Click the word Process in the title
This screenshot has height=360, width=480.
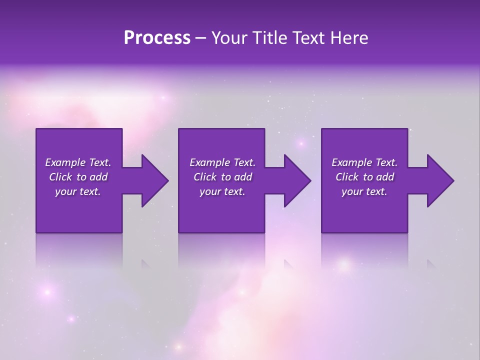coord(157,38)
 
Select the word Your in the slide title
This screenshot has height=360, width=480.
coord(228,38)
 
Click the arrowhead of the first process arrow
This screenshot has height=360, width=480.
coord(155,180)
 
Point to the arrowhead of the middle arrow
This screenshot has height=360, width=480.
coord(297,180)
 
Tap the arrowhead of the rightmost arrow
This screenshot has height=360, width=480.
coord(440,180)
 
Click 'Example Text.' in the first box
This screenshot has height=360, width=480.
coord(78,162)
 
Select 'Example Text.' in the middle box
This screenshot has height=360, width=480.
coord(222,162)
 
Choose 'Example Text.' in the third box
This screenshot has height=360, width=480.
coord(364,162)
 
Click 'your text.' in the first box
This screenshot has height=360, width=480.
coord(78,191)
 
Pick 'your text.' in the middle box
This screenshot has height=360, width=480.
coord(222,191)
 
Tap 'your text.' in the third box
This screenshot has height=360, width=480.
coord(364,191)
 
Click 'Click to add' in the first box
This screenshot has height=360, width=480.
coord(78,177)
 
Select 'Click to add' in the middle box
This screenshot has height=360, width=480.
coord(222,177)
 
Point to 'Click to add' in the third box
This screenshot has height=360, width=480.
coord(364,177)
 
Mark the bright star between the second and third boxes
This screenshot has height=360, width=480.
coord(301,144)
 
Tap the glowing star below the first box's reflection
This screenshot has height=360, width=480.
coord(47,291)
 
